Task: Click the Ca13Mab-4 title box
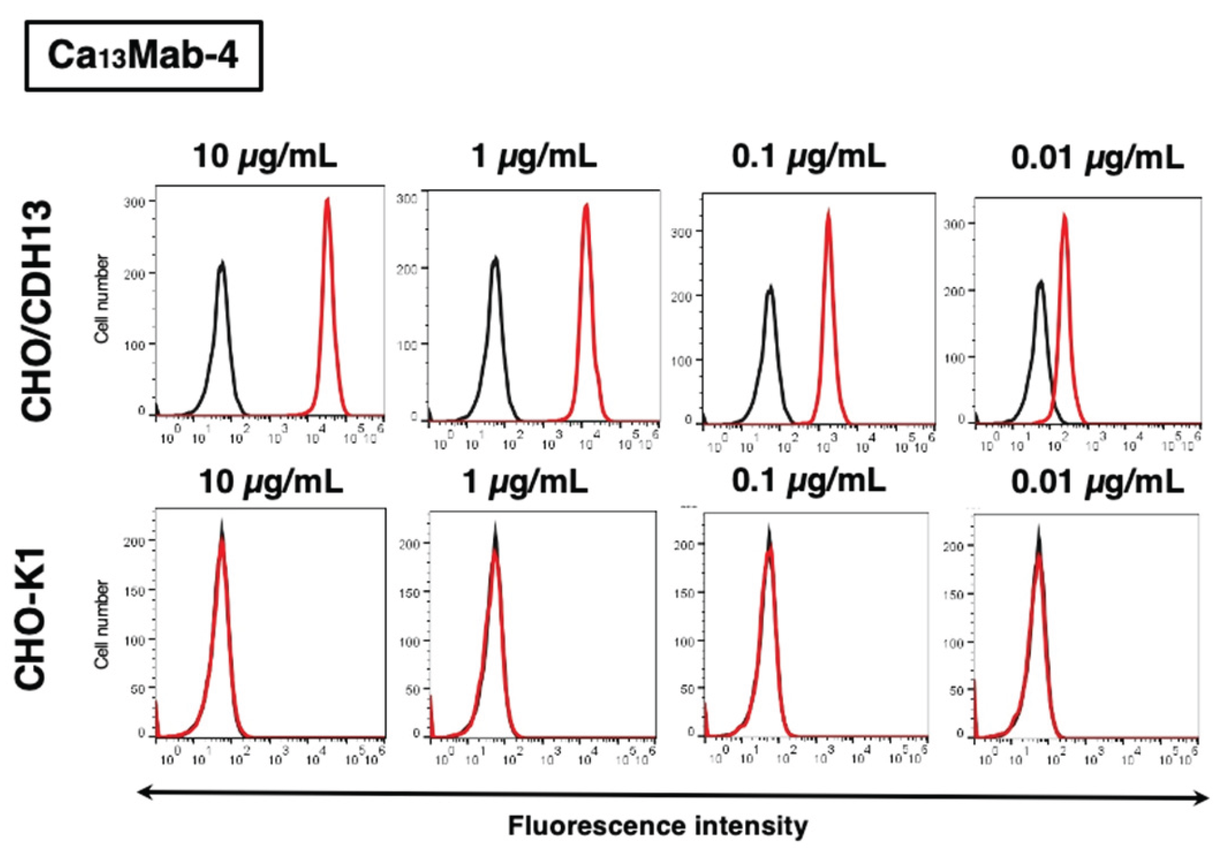144,56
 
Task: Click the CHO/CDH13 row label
37,310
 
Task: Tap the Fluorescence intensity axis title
658,826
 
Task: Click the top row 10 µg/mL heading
264,157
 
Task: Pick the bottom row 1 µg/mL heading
525,482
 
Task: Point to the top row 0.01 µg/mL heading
1097,159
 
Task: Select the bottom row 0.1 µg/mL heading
808,481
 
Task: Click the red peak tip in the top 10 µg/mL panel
328,199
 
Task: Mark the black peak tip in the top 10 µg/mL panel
222,263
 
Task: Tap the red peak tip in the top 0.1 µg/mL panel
828,211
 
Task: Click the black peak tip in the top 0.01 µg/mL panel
1040,282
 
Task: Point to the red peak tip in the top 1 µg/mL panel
586,205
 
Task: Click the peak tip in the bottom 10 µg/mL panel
222,522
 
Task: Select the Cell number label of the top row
102,299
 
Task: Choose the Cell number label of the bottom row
102,624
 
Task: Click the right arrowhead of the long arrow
1202,798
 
